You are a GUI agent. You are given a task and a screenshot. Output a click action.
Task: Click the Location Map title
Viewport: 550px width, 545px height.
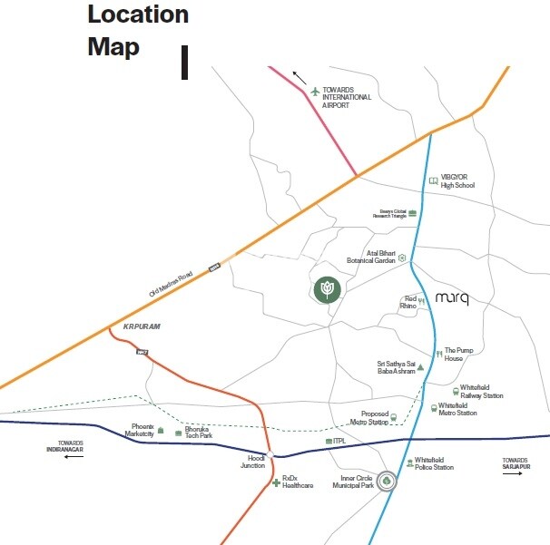click(138, 30)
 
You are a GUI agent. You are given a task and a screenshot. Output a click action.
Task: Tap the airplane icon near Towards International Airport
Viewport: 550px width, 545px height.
click(316, 91)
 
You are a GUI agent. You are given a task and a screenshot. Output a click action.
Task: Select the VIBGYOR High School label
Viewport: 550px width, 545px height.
click(457, 181)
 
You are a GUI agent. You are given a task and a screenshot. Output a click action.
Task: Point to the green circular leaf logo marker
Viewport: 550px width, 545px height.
click(327, 289)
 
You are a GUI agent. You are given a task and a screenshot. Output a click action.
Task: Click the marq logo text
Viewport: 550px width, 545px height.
click(452, 298)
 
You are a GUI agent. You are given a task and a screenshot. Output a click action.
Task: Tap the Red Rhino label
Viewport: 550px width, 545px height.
click(409, 303)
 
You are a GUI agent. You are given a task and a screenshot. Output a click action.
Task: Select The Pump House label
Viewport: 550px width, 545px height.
click(459, 354)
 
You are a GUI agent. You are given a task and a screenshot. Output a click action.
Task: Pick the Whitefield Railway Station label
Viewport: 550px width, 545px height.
click(482, 392)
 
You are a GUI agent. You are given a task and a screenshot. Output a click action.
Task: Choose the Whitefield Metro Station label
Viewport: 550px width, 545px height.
click(458, 409)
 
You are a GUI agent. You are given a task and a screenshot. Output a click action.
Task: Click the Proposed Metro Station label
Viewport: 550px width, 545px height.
click(368, 418)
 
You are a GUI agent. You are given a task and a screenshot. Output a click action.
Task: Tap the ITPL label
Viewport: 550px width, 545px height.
click(340, 441)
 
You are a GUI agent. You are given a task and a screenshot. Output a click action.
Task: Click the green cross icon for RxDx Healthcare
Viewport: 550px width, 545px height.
click(277, 482)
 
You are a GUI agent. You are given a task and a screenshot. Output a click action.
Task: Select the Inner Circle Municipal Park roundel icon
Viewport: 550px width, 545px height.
click(388, 482)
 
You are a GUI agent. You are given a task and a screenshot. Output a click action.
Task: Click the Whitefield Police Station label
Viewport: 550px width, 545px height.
click(435, 463)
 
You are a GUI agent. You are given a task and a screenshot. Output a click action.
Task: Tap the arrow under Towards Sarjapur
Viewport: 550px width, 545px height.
click(515, 473)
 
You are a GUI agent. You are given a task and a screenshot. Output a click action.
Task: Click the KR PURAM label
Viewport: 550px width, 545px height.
click(141, 326)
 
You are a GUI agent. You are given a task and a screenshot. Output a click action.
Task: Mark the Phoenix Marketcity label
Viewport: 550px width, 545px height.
click(141, 430)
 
